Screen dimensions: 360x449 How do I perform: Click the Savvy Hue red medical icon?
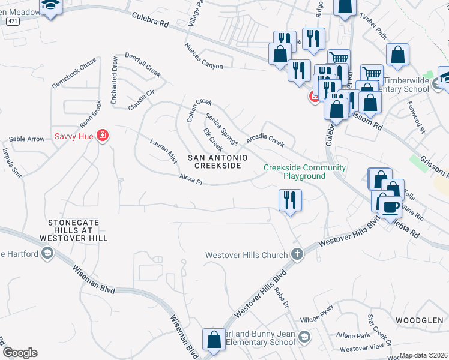103,136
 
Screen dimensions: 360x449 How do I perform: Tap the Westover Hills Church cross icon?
296,254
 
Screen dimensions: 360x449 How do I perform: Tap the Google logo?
20,352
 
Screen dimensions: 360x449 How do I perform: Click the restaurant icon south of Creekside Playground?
291,199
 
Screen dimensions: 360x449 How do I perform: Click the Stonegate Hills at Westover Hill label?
77,230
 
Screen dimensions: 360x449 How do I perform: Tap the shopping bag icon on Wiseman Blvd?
214,340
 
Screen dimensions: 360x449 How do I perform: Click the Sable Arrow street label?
26,139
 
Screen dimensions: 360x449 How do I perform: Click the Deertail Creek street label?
143,65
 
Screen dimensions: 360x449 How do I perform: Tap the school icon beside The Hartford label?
46,254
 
